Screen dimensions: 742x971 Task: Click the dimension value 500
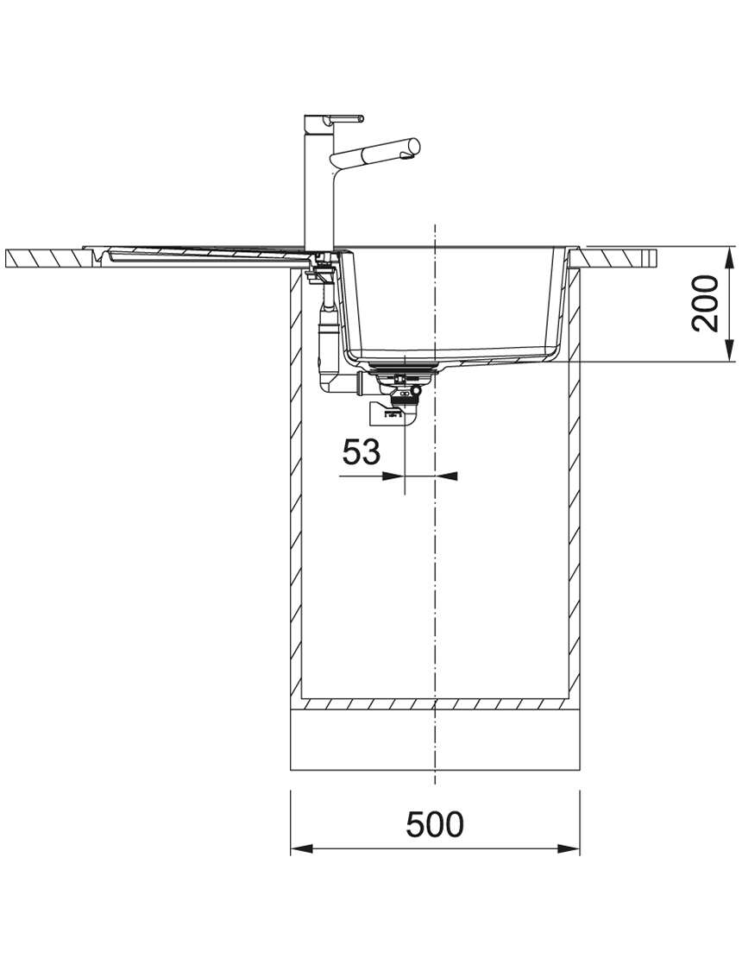click(x=435, y=823)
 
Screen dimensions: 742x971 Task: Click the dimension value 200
click(x=705, y=304)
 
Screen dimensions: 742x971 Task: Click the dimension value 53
click(x=362, y=451)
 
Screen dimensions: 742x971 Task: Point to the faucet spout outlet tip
click(x=408, y=159)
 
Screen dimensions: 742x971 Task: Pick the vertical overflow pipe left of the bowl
click(x=327, y=331)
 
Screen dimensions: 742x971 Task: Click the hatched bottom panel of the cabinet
click(x=435, y=704)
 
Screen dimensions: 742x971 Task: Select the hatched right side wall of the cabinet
click(x=574, y=486)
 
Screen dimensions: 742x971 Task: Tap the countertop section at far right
click(x=619, y=257)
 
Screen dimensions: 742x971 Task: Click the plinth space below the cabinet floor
click(x=435, y=740)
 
